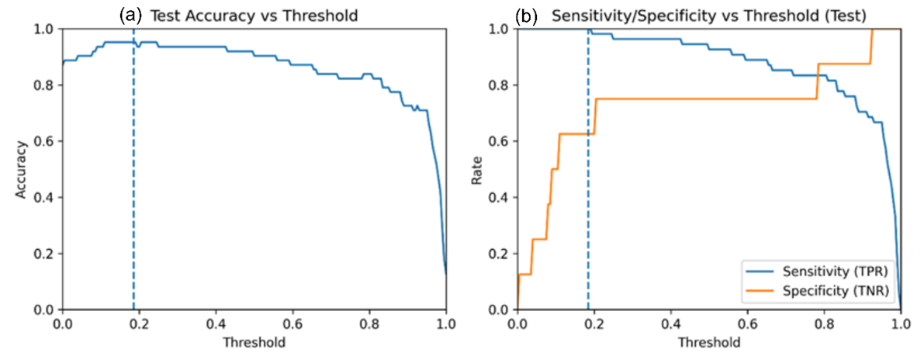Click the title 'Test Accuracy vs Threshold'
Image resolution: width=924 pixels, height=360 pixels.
pos(254,16)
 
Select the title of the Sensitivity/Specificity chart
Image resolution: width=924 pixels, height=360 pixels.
pos(708,16)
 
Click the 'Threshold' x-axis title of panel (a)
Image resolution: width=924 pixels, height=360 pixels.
pos(254,341)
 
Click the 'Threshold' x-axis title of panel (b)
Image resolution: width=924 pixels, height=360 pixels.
pos(709,341)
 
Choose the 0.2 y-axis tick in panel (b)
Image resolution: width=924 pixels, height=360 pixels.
pos(504,254)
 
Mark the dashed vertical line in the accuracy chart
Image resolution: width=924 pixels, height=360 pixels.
pos(133,169)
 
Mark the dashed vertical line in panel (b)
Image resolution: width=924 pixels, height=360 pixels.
pos(588,169)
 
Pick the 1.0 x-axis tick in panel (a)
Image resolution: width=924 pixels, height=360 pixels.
pos(446,324)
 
